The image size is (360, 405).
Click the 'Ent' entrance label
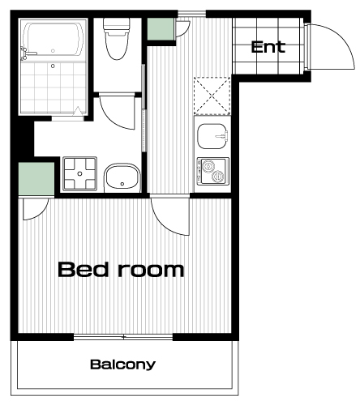(268, 47)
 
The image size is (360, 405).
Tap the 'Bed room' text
(121, 269)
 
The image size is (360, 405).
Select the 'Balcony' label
(122, 364)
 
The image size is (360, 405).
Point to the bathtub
(53, 40)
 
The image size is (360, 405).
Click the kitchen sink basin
(212, 136)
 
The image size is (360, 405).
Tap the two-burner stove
(213, 172)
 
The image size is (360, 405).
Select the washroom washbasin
(122, 177)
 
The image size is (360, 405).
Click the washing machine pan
(79, 173)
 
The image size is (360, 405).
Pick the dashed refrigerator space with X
(212, 96)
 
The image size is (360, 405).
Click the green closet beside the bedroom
(36, 179)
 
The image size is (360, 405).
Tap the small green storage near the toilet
(160, 29)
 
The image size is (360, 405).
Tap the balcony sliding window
(123, 337)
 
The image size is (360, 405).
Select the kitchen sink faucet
(222, 136)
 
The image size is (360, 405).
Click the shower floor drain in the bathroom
(53, 66)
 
